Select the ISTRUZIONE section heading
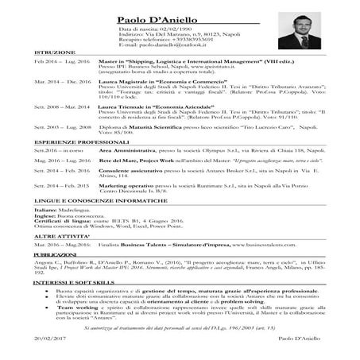[49, 52]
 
